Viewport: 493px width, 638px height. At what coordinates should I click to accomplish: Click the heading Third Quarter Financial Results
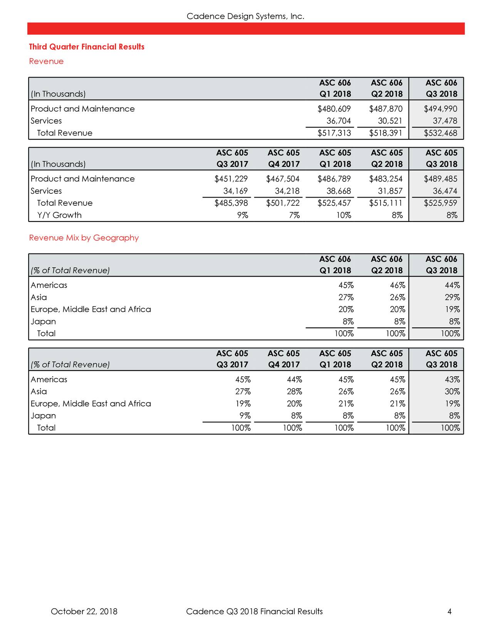click(87, 47)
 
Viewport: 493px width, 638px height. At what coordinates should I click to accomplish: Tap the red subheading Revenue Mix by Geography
click(84, 238)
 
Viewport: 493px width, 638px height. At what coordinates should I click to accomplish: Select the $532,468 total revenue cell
click(440, 133)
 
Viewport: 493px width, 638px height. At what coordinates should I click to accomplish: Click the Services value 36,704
click(339, 121)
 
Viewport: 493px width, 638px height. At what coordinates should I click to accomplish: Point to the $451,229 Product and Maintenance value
click(231, 179)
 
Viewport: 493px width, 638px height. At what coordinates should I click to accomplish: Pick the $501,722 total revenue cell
click(282, 203)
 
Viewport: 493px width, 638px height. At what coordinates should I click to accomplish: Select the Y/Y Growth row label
click(59, 215)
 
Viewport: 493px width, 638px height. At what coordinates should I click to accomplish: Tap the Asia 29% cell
click(451, 297)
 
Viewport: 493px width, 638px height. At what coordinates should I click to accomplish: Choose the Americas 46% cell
click(396, 285)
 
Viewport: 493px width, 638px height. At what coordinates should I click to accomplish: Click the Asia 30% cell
click(451, 392)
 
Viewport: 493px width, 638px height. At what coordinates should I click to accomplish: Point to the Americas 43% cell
click(451, 379)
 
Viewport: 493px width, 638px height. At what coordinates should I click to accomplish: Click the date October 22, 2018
click(84, 611)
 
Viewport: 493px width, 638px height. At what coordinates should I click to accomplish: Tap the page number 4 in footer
click(449, 611)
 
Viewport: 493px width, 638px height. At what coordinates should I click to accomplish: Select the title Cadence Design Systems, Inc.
click(245, 16)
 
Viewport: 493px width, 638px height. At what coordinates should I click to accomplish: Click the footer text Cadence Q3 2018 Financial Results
click(254, 611)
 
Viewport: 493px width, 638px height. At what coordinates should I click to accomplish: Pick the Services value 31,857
click(390, 191)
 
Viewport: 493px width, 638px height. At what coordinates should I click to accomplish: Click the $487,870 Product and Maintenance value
click(386, 109)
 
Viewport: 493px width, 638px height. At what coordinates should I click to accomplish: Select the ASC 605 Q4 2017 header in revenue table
click(283, 158)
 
